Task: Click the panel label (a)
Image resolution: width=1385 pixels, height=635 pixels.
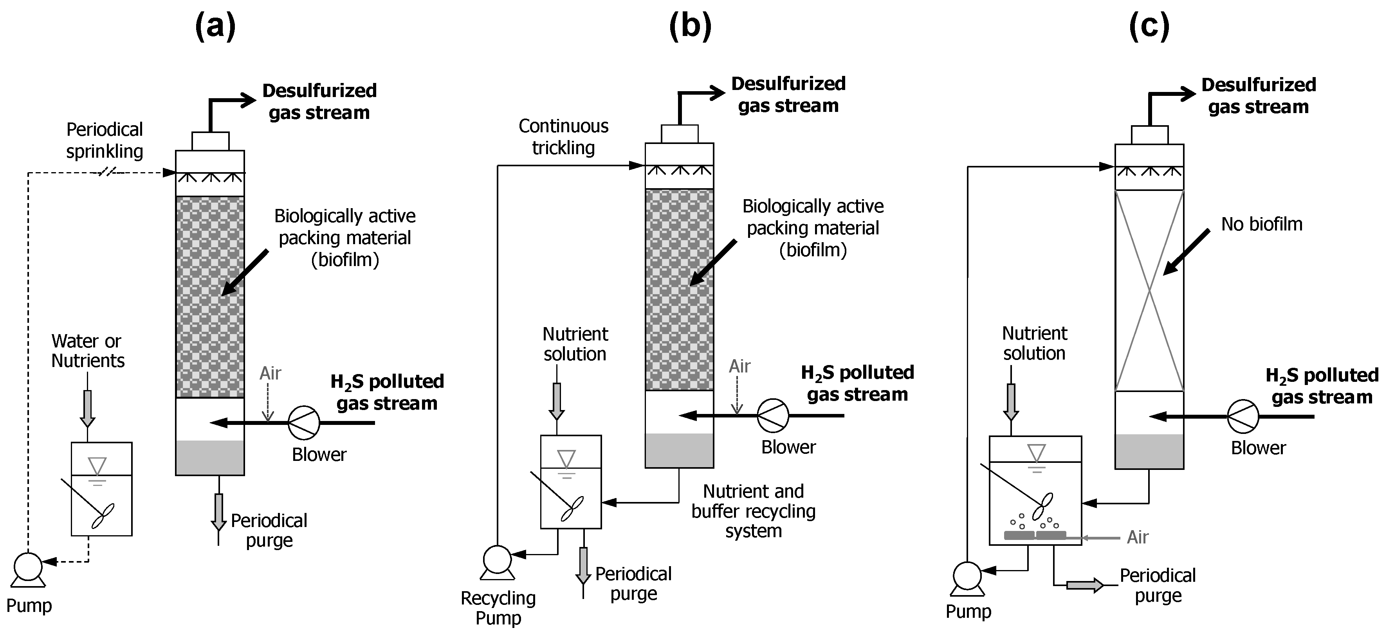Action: (215, 26)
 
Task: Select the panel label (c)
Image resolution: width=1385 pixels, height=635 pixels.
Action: (1149, 26)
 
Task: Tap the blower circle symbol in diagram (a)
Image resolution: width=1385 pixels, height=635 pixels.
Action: (304, 423)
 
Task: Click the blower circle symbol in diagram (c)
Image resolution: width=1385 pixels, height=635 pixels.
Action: (1243, 416)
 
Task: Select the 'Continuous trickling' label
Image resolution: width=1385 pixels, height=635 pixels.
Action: (563, 137)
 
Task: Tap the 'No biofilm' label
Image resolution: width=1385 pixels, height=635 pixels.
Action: (1261, 224)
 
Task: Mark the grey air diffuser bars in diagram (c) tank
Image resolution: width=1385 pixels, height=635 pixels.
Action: (1035, 535)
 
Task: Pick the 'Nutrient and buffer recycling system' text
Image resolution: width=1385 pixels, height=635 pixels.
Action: (753, 511)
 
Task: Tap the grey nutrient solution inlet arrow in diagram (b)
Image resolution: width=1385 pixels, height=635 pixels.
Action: (557, 401)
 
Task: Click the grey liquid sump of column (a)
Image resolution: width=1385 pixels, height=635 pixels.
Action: (210, 458)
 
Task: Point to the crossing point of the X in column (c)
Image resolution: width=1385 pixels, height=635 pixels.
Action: (1149, 291)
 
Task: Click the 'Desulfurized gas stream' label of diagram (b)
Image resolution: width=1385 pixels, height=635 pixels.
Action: (788, 95)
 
